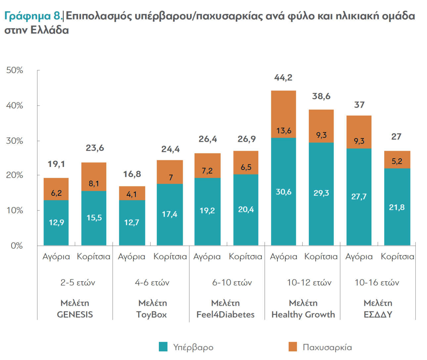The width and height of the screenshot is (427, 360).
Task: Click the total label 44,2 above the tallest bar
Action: (283, 78)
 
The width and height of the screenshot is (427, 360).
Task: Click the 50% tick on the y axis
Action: (15, 70)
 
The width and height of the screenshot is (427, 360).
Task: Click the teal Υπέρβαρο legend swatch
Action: (163, 347)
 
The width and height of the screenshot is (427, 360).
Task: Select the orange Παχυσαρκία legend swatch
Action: (293, 347)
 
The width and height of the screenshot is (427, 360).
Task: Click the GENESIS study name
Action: (75, 315)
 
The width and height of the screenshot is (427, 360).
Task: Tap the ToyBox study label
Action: (152, 315)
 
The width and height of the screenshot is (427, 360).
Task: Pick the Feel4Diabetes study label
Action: (225, 315)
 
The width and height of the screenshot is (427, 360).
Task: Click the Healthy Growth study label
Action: (303, 315)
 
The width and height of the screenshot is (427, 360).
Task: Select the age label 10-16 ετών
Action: (377, 283)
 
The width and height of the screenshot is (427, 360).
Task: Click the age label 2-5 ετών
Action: (78, 283)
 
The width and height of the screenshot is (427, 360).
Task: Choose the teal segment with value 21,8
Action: (397, 207)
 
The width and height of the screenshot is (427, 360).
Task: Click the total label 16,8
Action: (132, 174)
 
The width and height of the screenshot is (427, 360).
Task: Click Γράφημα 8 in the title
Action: (33, 16)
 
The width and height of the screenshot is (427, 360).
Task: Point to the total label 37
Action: (359, 105)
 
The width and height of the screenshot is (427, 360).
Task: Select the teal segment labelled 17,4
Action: (169, 214)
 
